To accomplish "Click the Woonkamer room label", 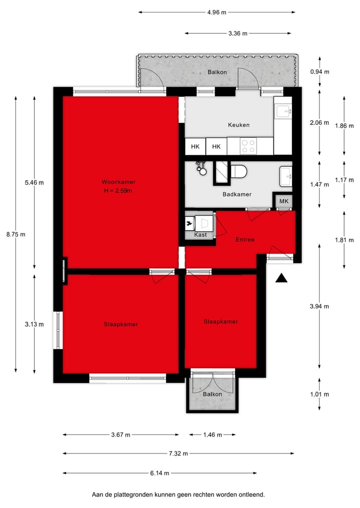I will pyautogui.click(x=118, y=182).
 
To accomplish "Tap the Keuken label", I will pyautogui.click(x=238, y=125).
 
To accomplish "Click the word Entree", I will pyautogui.click(x=245, y=240).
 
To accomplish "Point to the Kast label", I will pyautogui.click(x=200, y=235).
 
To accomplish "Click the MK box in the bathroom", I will pyautogui.click(x=283, y=201).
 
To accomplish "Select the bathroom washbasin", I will pyautogui.click(x=286, y=174).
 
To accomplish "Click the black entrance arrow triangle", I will pyautogui.click(x=282, y=278).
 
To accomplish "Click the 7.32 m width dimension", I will pyautogui.click(x=178, y=454).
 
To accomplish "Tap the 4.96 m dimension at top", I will pyautogui.click(x=216, y=12).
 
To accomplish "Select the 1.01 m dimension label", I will pyautogui.click(x=319, y=395).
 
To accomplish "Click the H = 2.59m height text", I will pyautogui.click(x=118, y=190).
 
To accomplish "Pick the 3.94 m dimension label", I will pyautogui.click(x=319, y=307).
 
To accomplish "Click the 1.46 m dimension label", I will pyautogui.click(x=212, y=435).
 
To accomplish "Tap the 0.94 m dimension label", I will pyautogui.click(x=319, y=72).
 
